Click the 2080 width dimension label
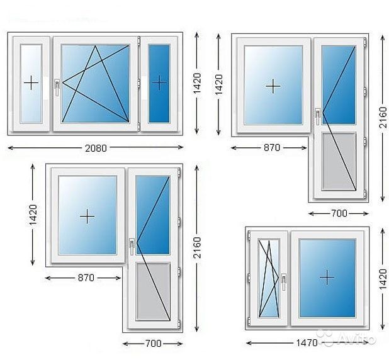(x=96, y=148)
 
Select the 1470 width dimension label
(x=307, y=343)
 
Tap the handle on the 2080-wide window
(x=57, y=87)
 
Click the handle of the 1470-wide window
(x=284, y=282)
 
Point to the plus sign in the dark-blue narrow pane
(x=159, y=83)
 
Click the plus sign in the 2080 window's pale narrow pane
(x=31, y=82)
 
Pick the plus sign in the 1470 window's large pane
(x=327, y=277)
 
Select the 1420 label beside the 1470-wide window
(x=383, y=279)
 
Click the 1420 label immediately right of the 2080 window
(x=197, y=83)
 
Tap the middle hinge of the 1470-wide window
(x=249, y=278)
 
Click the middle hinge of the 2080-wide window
(x=139, y=83)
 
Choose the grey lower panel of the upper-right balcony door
(x=339, y=162)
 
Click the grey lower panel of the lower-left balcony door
(x=153, y=291)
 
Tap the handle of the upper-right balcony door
(x=318, y=116)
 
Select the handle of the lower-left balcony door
(x=132, y=247)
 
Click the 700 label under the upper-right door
(x=339, y=213)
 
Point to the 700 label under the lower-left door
(x=154, y=344)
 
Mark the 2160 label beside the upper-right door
(x=383, y=117)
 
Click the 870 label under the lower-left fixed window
(x=86, y=278)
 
